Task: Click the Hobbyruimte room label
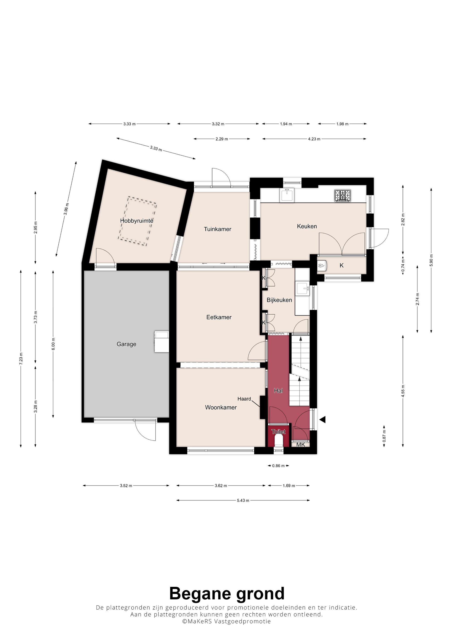pyautogui.click(x=137, y=221)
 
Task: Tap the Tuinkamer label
pyautogui.click(x=217, y=229)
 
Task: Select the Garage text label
pyautogui.click(x=126, y=344)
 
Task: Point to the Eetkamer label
pyautogui.click(x=219, y=317)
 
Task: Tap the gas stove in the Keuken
pyautogui.click(x=343, y=195)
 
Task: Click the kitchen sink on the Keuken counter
pyautogui.click(x=287, y=194)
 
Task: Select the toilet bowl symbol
pyautogui.click(x=279, y=441)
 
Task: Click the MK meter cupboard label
pyautogui.click(x=301, y=445)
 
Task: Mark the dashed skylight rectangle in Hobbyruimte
pyautogui.click(x=137, y=221)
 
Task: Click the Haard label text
pyautogui.click(x=244, y=399)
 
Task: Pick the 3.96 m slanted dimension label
pyautogui.click(x=66, y=209)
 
